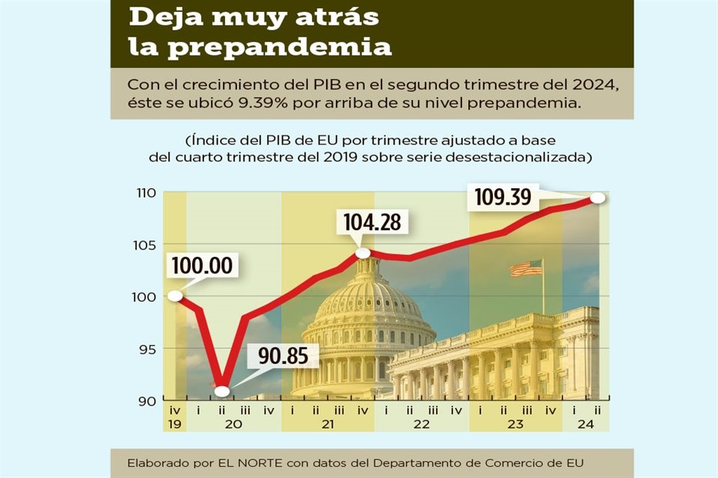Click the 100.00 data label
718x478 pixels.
coord(202,266)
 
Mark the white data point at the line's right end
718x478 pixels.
coord(598,198)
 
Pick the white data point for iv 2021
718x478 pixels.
coord(363,253)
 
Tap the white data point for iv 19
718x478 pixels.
coord(175,296)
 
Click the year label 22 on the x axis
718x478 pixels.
coord(421,423)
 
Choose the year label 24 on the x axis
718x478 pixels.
coord(586,423)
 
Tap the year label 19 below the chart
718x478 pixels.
coord(175,423)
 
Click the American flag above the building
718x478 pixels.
coord(527,268)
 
